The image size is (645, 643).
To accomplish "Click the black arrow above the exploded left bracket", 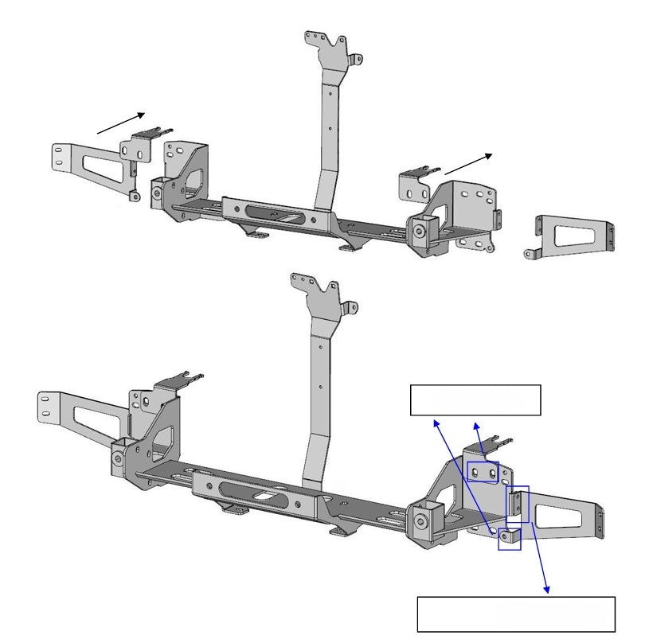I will click(x=121, y=123).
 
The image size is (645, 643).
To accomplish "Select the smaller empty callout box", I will click(x=475, y=400).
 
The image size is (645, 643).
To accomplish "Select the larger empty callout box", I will click(x=516, y=614).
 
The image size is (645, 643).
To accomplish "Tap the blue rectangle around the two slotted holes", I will click(x=483, y=473).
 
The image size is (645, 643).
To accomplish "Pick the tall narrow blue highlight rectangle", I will click(x=518, y=504).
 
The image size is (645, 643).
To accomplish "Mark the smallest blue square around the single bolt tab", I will click(x=510, y=540).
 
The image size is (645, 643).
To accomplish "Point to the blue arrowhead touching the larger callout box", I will click(x=546, y=590).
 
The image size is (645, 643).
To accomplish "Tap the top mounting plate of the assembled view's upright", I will click(x=317, y=293).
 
